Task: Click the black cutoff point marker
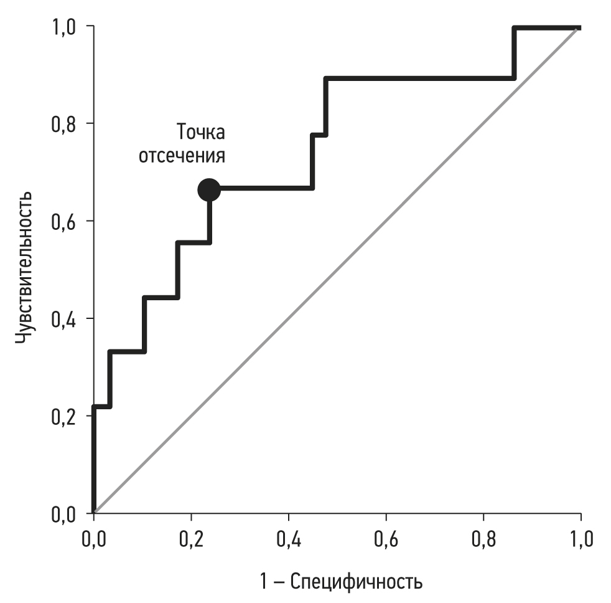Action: coord(209,189)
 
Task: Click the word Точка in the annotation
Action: coord(200,133)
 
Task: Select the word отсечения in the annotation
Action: coord(181,156)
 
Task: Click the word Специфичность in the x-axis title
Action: coord(357,582)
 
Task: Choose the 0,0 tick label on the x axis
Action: coord(94,538)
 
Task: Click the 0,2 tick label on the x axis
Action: coord(191,538)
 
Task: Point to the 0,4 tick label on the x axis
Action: coord(289,538)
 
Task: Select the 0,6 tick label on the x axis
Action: coord(386,538)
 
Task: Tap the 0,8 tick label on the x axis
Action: coord(483,538)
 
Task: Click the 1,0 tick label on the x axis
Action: coord(581,538)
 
